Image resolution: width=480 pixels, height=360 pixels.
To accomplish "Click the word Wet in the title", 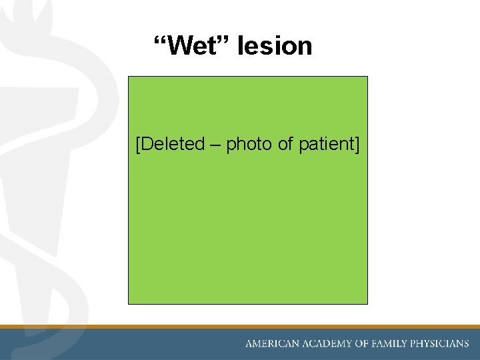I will coord(193,46).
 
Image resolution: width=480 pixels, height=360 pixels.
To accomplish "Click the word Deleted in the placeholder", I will coord(173,144).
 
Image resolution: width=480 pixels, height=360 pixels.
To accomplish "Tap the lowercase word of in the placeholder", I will coord(286,144).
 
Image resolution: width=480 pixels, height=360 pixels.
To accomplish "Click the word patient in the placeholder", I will coord(326,144).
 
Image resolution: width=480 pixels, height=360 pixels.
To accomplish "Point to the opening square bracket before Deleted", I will coord(138,144).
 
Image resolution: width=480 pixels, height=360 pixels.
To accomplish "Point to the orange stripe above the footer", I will coord(240,327).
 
